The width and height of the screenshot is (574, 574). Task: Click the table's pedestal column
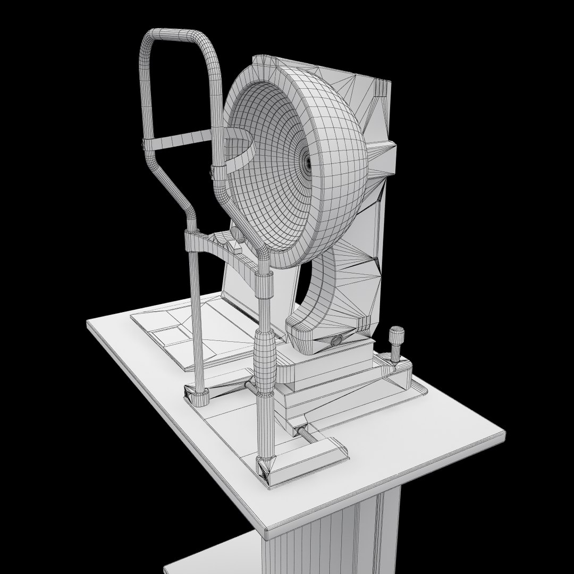[x=340, y=537]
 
